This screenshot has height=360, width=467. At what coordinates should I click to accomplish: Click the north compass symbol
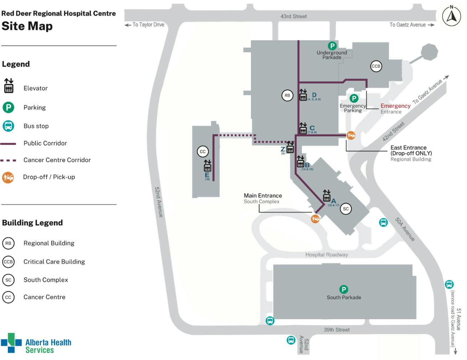(x=451, y=16)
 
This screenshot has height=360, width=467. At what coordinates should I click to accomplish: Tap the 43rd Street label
(x=293, y=16)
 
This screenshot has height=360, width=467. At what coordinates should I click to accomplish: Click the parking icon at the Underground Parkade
(x=332, y=46)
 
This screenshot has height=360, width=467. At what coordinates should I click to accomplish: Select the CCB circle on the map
(x=376, y=66)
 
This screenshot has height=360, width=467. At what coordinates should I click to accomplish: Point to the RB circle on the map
(x=287, y=95)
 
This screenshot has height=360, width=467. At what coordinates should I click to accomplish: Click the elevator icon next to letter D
(x=303, y=95)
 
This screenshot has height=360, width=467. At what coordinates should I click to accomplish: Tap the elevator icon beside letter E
(x=207, y=166)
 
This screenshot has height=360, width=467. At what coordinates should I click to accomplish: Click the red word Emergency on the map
(x=395, y=106)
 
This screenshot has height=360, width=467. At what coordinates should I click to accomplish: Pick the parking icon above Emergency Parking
(x=354, y=98)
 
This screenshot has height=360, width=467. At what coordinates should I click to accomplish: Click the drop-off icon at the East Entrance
(x=351, y=135)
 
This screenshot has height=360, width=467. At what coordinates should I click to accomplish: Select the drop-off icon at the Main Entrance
(x=315, y=219)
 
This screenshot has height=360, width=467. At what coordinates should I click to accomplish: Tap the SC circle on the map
(x=346, y=209)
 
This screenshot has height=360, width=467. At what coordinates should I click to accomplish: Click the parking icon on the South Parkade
(x=343, y=289)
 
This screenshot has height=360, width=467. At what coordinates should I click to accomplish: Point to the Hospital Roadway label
(x=326, y=255)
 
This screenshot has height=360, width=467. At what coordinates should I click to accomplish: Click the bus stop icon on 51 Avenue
(x=449, y=285)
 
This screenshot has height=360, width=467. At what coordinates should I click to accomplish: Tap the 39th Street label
(x=336, y=330)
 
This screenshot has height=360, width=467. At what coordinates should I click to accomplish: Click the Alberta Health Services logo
(x=36, y=343)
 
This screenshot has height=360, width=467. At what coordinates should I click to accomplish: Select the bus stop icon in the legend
(x=8, y=126)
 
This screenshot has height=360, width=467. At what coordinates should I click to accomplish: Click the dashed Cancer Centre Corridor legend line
(x=8, y=160)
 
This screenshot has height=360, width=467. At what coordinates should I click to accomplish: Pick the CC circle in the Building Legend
(x=8, y=297)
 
